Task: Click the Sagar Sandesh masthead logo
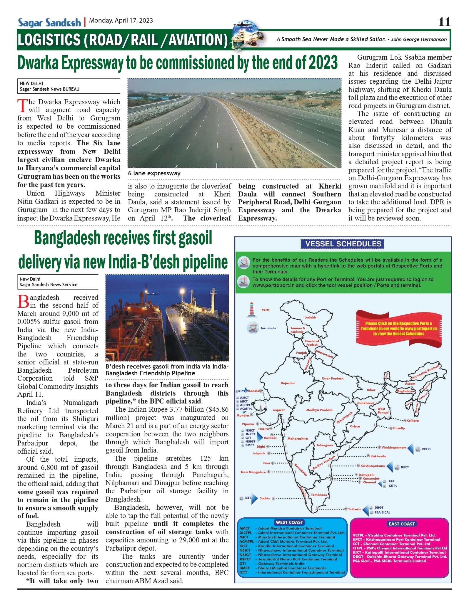pyautogui.click(x=49, y=23)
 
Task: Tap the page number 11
pyautogui.click(x=444, y=22)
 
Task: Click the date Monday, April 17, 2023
pyautogui.click(x=121, y=21)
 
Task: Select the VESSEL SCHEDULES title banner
pyautogui.click(x=343, y=244)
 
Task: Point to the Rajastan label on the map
pyautogui.click(x=288, y=383)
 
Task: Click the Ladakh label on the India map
pyautogui.click(x=310, y=317)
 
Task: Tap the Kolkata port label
pyautogui.click(x=413, y=421)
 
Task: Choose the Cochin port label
pyautogui.click(x=264, y=498)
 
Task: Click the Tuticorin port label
pyautogui.click(x=355, y=509)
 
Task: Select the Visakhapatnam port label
pyautogui.click(x=394, y=448)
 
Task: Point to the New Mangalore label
pyautogui.click(x=253, y=472)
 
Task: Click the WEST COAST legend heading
pyautogui.click(x=289, y=522)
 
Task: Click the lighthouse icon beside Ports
pyautogui.click(x=251, y=310)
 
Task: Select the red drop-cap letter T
pyautogui.click(x=22, y=106)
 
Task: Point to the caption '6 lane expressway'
pyautogui.click(x=154, y=173)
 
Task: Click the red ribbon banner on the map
pyautogui.click(x=398, y=328)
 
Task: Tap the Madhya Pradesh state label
pyautogui.click(x=319, y=410)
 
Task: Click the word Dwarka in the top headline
pyautogui.click(x=38, y=63)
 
